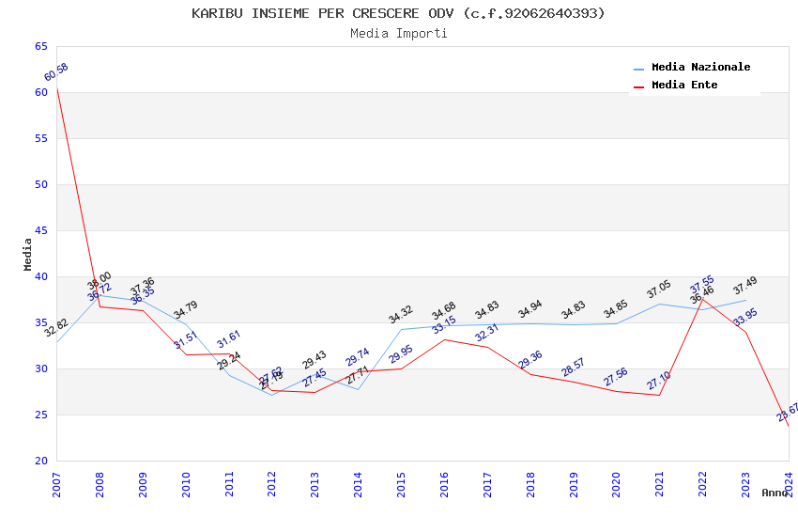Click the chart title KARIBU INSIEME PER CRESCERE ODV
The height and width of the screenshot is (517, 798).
point(398,13)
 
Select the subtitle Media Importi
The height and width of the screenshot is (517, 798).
point(398,33)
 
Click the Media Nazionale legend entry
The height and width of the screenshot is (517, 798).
point(700,68)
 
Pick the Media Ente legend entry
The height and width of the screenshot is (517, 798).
point(683,86)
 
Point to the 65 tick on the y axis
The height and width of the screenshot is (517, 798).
point(40,46)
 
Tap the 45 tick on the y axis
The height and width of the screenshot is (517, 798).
point(40,230)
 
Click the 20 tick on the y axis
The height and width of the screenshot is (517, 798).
point(40,461)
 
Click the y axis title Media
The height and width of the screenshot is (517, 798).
point(27,254)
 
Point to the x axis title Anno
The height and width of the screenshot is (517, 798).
point(775,493)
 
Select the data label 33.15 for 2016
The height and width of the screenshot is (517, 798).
point(444,326)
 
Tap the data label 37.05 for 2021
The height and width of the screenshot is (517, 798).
point(659,290)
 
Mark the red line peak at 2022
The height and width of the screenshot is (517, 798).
point(702,297)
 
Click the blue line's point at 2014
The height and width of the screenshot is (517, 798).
point(358,389)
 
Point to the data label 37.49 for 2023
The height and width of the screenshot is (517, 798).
point(745,286)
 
